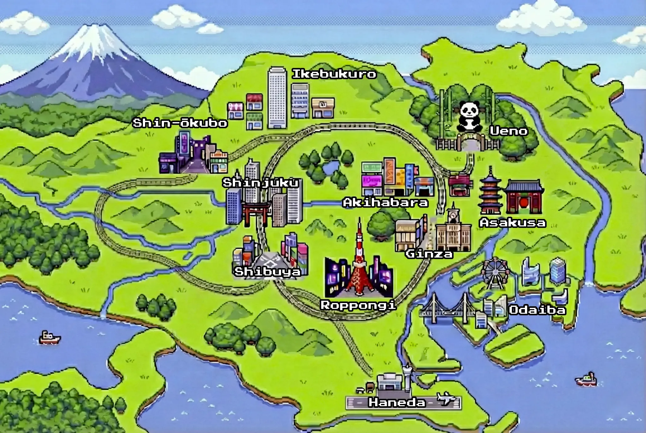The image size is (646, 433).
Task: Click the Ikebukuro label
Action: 334,74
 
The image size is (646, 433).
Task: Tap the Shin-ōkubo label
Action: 180,123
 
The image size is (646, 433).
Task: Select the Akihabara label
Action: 385,202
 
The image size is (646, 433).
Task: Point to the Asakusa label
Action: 513,223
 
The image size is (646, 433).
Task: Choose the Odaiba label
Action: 537,310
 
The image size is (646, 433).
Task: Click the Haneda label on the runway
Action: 397,402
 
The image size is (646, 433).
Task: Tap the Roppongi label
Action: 358,305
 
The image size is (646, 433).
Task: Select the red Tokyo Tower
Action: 359,262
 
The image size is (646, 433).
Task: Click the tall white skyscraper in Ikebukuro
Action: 277,98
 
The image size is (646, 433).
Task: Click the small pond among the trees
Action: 329,167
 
